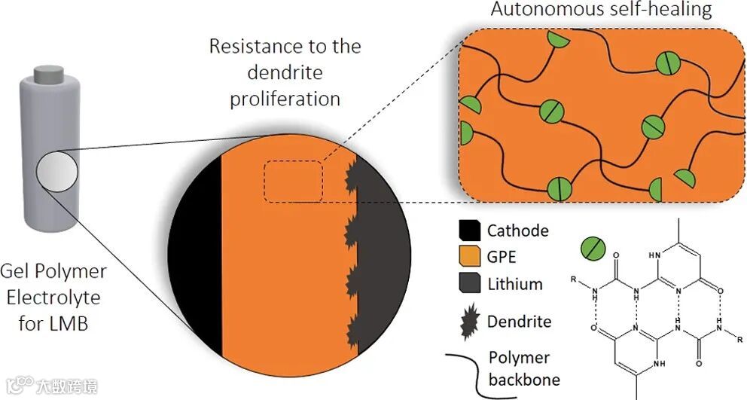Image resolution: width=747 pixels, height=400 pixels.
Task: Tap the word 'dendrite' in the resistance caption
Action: coord(285,72)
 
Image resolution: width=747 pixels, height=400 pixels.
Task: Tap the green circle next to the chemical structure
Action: coord(592,247)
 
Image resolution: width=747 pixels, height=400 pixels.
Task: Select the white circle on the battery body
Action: coord(57,171)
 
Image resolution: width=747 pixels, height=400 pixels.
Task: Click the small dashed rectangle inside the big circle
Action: coord(293,182)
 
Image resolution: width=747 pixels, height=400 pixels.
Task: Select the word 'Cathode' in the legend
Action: coord(518,231)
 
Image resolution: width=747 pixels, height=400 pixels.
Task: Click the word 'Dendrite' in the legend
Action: coord(520,322)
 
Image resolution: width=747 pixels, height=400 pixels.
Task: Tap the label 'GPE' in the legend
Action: coord(502,257)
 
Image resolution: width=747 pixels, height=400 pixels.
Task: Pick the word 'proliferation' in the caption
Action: coord(285,99)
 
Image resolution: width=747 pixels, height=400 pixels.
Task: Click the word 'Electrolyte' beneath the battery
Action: coord(53,298)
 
